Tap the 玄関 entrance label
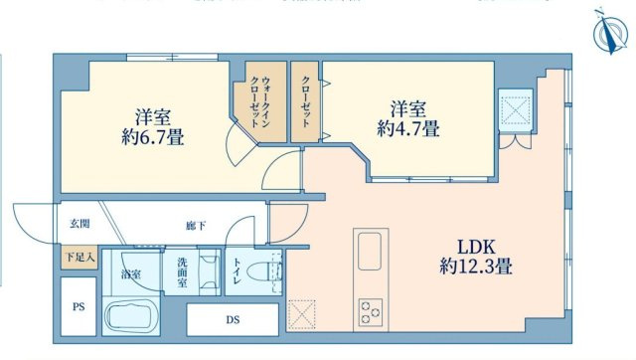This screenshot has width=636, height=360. [x=79, y=223]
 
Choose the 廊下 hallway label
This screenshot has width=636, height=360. [x=195, y=226]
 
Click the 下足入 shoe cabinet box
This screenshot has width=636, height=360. [x=79, y=258]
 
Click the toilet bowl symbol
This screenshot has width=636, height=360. [x=264, y=272]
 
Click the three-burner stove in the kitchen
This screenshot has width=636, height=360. [x=372, y=311]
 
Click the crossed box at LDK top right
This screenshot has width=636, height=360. [x=517, y=108]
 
